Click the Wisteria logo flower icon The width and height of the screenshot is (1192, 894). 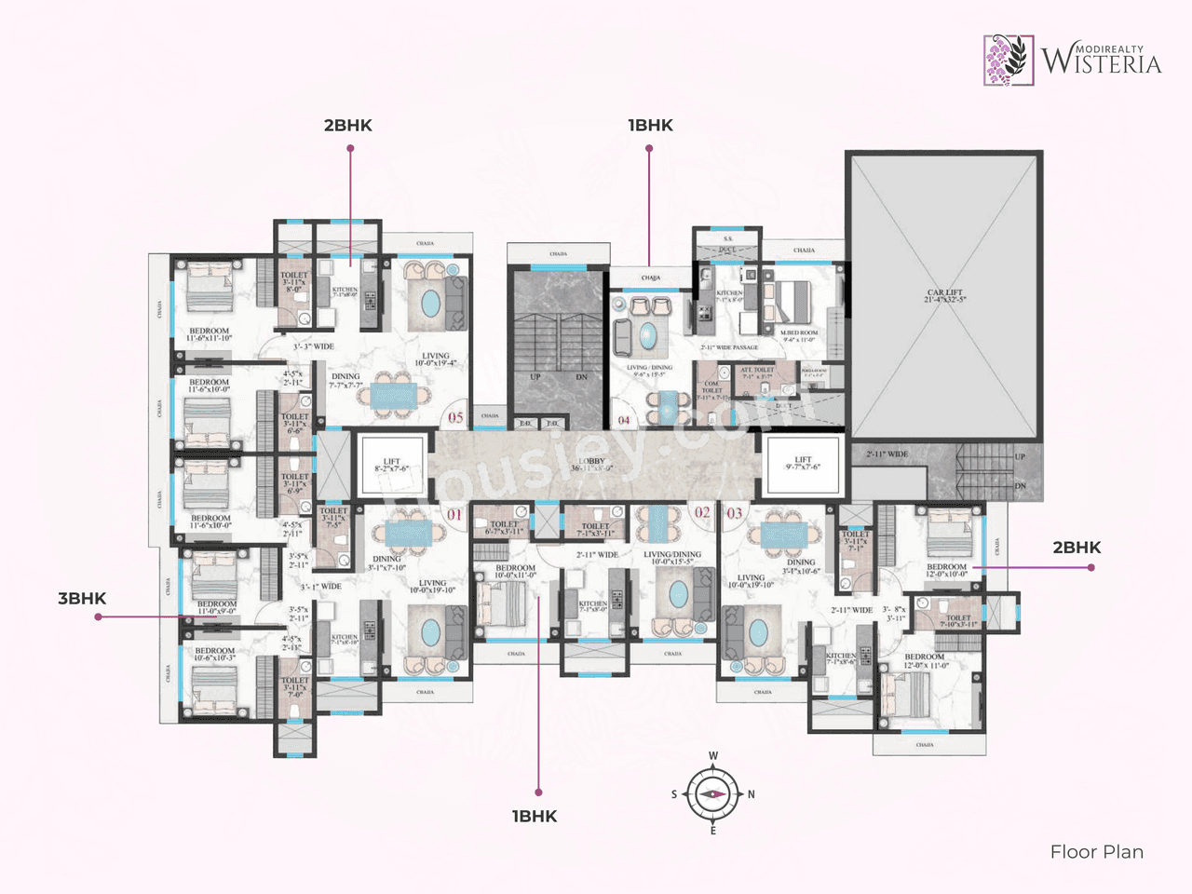tap(1009, 60)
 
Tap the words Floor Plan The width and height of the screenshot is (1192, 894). tap(1096, 851)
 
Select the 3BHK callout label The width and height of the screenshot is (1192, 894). tap(82, 598)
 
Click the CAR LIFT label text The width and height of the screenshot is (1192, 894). tap(944, 295)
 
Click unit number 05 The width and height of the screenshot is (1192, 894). tap(455, 417)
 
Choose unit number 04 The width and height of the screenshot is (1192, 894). tap(624, 420)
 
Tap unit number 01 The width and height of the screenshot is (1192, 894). tap(454, 514)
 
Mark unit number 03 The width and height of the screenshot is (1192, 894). tap(735, 513)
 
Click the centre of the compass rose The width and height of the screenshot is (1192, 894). tap(712, 794)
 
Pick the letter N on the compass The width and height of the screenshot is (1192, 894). tap(751, 794)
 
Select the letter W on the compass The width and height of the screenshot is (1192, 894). tap(713, 756)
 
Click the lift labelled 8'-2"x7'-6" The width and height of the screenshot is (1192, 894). tap(391, 464)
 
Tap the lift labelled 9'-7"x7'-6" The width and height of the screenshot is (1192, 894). tap(803, 463)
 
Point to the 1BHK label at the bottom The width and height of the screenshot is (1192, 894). tap(535, 816)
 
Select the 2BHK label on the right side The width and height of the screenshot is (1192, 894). tap(1077, 548)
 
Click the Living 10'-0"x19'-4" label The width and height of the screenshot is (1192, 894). tap(435, 359)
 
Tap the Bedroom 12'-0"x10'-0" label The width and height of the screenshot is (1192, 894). tap(946, 570)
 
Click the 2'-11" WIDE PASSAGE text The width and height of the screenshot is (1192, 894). tap(729, 347)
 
